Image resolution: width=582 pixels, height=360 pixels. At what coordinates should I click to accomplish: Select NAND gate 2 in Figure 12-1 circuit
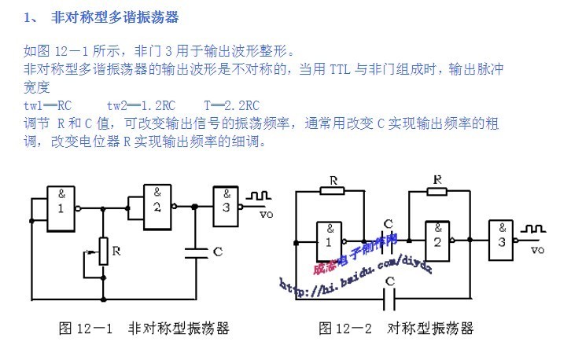pyautogui.click(x=156, y=203)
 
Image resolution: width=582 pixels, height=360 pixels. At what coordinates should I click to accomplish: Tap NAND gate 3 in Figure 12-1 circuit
pyautogui.click(x=226, y=203)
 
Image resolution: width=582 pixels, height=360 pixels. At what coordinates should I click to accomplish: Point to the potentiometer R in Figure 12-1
pyautogui.click(x=103, y=251)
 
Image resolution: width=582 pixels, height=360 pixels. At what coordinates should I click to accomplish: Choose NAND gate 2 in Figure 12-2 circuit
pyautogui.click(x=437, y=238)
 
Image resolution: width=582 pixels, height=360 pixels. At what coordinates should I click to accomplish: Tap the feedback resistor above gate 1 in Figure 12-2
pyautogui.click(x=333, y=189)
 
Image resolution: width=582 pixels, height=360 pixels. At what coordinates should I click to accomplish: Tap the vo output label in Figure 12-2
pyautogui.click(x=538, y=251)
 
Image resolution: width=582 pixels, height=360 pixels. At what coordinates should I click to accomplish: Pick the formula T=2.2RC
pyautogui.click(x=231, y=105)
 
